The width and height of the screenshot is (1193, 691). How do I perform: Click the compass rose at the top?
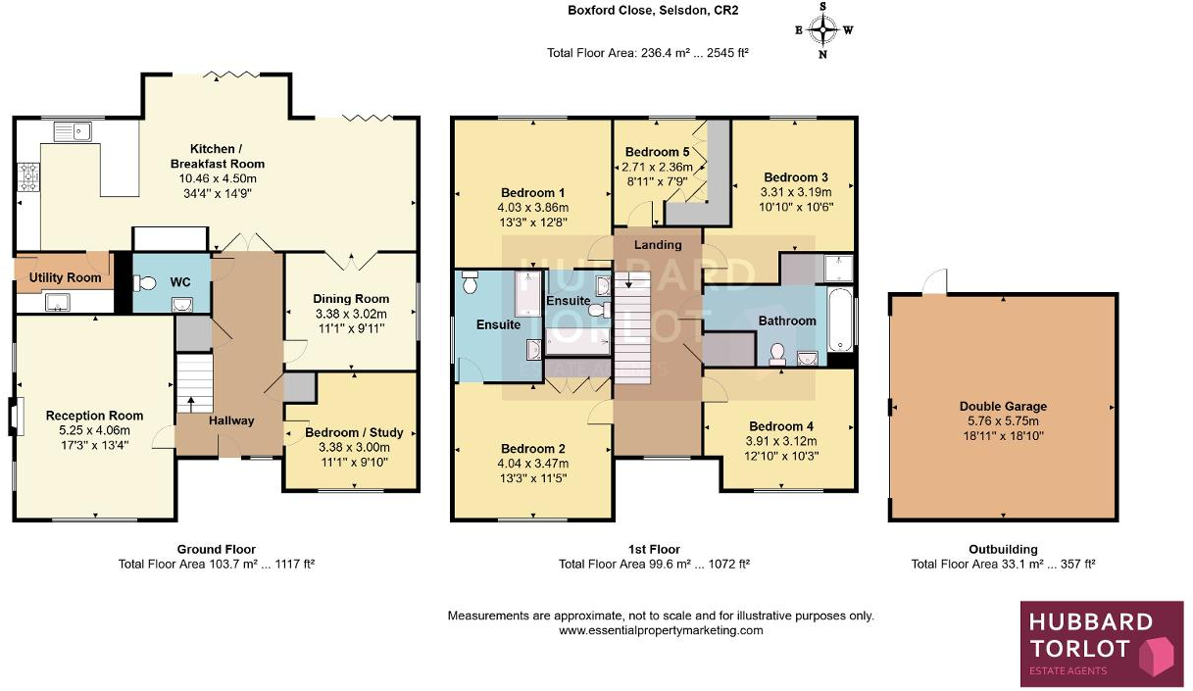point(823,29)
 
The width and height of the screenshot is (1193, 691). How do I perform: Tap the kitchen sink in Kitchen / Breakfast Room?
point(73,129)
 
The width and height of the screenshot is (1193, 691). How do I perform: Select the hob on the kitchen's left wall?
point(27,176)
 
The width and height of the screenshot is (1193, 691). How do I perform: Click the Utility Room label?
point(65,278)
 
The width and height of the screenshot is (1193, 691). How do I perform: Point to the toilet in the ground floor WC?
point(147,283)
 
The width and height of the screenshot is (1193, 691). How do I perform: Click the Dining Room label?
point(351,299)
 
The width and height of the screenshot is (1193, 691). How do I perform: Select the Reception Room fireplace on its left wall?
point(13,416)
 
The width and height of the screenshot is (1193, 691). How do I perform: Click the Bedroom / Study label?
point(354,432)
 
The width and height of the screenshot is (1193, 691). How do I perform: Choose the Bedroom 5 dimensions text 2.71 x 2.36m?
point(658,167)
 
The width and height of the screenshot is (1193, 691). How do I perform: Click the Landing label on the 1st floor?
point(658,244)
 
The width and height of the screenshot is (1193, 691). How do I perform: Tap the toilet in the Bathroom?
point(777,353)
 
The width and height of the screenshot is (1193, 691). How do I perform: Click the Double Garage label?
point(1003,406)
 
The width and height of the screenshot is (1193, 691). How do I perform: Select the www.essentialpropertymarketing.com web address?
point(661,630)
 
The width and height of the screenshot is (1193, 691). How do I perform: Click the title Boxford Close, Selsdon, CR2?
point(653,11)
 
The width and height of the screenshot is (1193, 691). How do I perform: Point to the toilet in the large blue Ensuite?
point(469,284)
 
